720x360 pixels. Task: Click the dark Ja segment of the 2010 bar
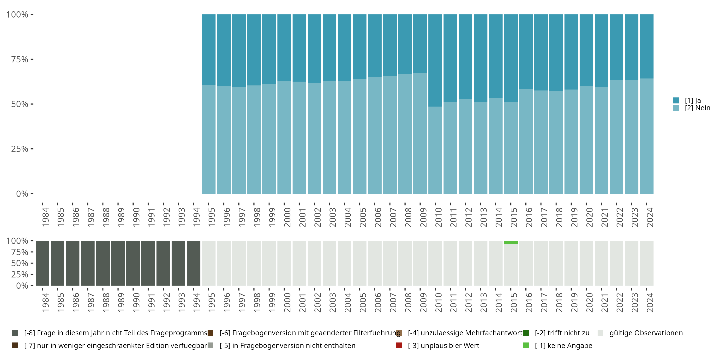tap(435, 60)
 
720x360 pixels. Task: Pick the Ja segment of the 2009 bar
tap(420, 43)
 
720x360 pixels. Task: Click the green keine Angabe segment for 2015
tap(511, 242)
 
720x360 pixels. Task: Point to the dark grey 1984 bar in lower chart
tap(42, 263)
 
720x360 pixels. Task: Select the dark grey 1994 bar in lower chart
tap(193, 263)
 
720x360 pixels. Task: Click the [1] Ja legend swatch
tap(676, 100)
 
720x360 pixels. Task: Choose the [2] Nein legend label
tap(697, 108)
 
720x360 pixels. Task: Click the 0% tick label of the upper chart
tap(22, 194)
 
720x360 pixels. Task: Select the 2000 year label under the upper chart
tap(287, 217)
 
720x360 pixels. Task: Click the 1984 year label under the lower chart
tap(45, 302)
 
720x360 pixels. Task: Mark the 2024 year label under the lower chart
tap(650, 302)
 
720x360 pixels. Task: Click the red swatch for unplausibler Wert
tap(399, 345)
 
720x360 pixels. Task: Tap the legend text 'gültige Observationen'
tap(646, 333)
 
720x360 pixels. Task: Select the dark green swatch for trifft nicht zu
tap(526, 333)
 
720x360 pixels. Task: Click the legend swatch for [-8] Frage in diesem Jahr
tap(15, 333)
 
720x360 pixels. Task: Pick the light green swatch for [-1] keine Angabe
tap(526, 345)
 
